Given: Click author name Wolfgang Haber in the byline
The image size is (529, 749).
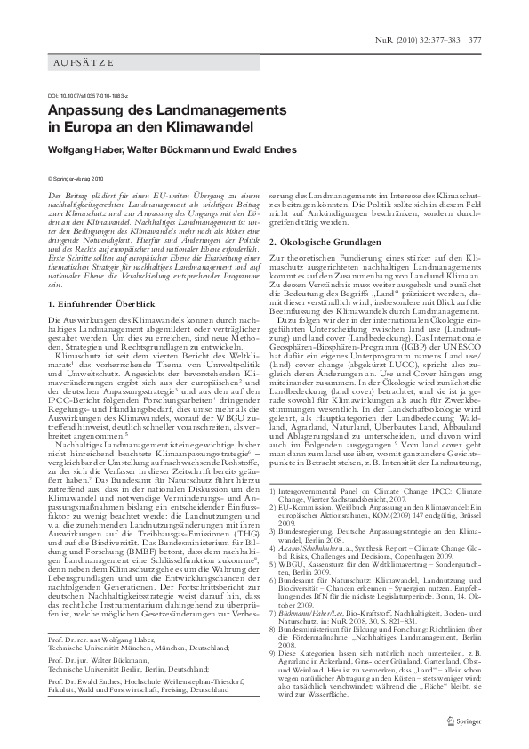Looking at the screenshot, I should (82, 148).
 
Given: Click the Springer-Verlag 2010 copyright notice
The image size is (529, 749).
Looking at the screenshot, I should (79, 178).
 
